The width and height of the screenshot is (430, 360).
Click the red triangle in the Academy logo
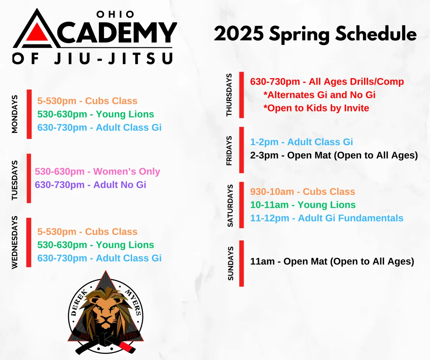[x=37, y=33]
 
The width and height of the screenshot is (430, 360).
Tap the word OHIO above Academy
[x=115, y=14]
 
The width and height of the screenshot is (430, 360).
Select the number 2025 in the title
[x=239, y=34]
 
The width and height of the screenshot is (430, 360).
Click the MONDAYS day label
[x=15, y=114]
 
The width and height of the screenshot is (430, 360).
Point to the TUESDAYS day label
[x=15, y=180]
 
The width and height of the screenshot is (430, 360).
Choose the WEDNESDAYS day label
[x=15, y=242]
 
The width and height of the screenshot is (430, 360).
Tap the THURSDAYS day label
[x=229, y=95]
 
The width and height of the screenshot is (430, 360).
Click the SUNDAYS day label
[x=230, y=264]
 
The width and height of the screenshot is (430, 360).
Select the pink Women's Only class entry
[x=97, y=172]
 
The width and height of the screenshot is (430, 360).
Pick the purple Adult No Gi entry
[x=90, y=184]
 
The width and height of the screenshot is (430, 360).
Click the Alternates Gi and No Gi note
[x=319, y=95]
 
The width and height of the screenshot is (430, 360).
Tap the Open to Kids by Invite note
[x=316, y=108]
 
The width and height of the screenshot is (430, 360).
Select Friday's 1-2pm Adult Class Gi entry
[x=301, y=142]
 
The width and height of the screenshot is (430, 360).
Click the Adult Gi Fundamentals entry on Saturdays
[x=326, y=218]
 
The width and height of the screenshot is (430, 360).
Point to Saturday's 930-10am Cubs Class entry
[x=302, y=192]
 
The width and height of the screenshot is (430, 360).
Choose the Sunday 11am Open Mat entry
[x=332, y=261]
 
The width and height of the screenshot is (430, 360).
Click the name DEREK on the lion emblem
[x=80, y=303]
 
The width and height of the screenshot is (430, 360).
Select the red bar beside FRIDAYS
[x=242, y=150]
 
